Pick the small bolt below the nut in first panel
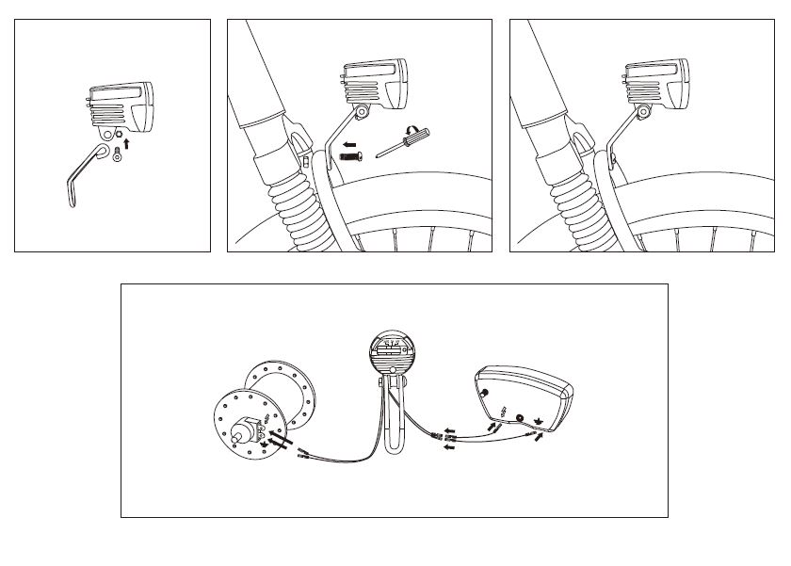pos(117,156)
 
